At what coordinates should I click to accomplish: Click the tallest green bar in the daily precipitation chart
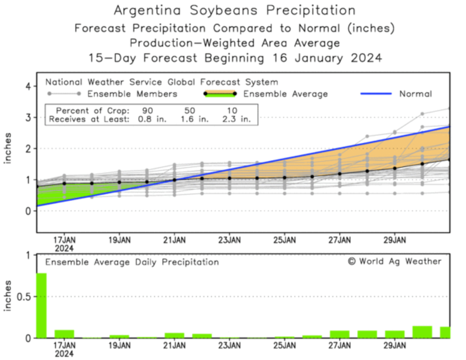point(42,305)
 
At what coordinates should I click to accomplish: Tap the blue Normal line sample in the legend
point(376,94)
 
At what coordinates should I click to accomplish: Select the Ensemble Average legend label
point(285,94)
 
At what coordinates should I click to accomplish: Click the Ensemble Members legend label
point(132,94)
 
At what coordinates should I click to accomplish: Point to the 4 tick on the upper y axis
point(28,87)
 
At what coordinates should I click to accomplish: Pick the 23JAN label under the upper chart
point(229,240)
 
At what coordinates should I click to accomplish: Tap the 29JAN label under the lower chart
point(394,345)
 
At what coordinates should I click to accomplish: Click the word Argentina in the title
point(147,10)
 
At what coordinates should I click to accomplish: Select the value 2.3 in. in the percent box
point(235,119)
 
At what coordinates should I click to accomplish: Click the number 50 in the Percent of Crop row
point(190,111)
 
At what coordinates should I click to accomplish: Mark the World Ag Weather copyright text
point(394,261)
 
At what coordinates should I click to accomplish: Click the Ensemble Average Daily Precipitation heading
point(132,262)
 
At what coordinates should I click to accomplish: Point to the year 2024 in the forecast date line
point(366,58)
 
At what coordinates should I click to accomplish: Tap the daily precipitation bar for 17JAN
point(64,334)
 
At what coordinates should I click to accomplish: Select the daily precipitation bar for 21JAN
point(174,335)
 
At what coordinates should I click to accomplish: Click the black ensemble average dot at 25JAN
point(285,178)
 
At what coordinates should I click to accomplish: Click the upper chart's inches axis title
point(8,148)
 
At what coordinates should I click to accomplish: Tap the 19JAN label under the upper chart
point(119,240)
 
